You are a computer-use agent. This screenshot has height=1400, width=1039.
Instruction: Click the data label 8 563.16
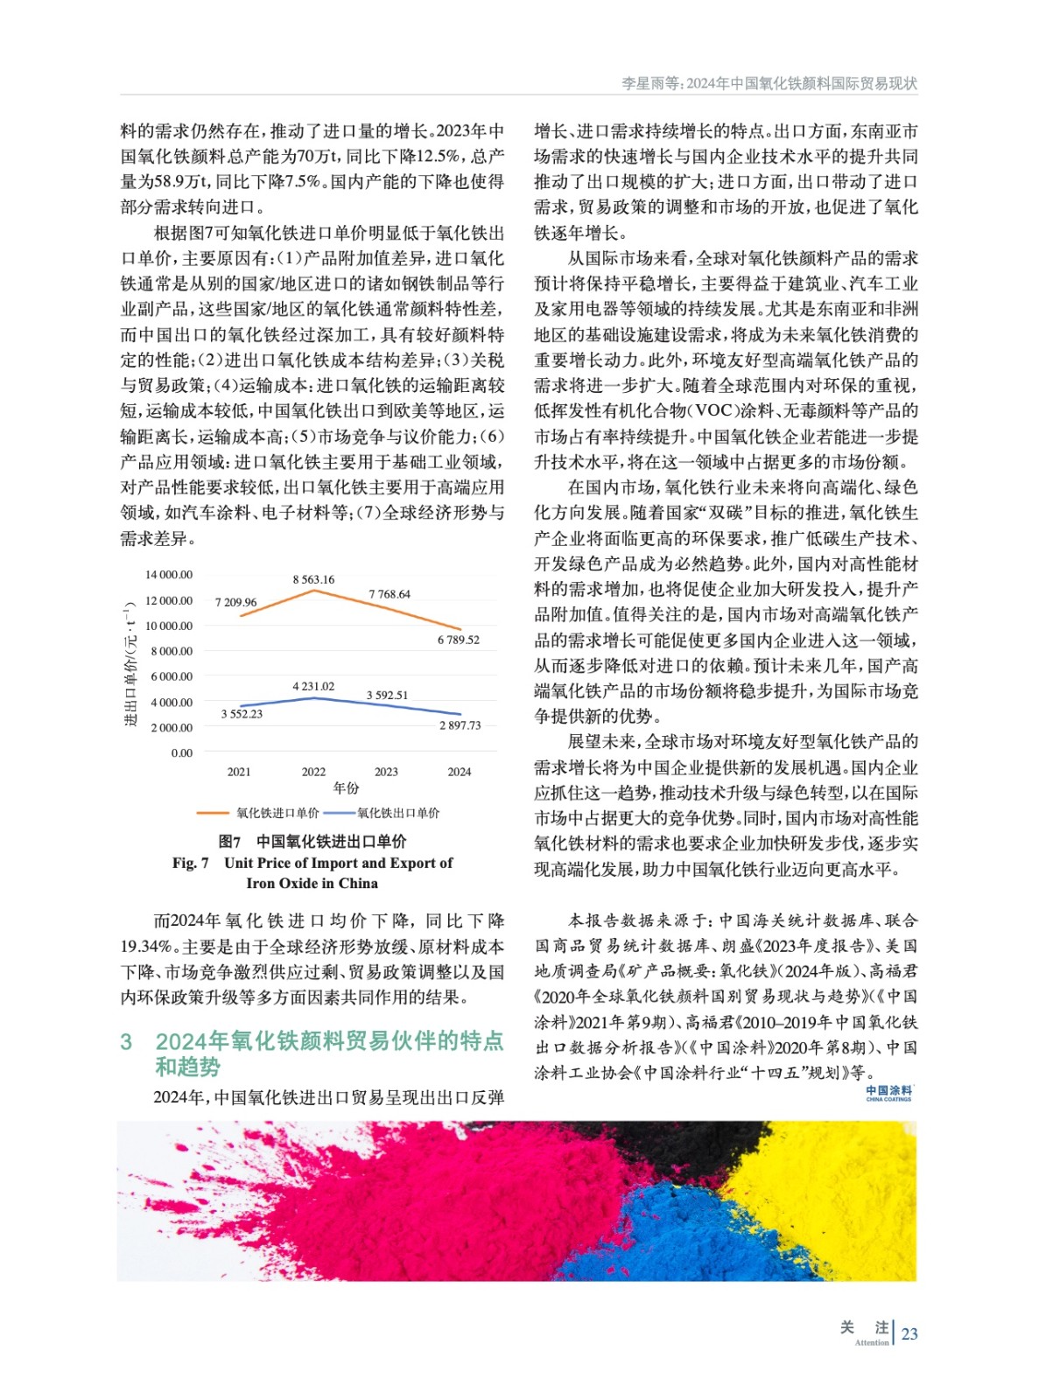(x=313, y=579)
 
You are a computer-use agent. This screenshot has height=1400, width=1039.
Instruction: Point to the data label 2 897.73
(x=460, y=725)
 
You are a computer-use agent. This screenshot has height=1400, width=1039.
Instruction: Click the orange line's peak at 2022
(x=313, y=591)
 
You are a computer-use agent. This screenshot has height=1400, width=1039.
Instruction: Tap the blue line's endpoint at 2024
(x=460, y=715)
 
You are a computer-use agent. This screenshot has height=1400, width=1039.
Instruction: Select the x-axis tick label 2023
(x=386, y=772)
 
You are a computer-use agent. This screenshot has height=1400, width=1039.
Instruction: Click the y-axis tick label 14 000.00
(x=169, y=575)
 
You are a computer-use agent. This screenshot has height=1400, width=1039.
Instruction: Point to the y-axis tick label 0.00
(x=181, y=752)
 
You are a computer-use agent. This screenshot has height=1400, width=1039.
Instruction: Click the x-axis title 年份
(x=346, y=787)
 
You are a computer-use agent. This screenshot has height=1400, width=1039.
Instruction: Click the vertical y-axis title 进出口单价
(x=130, y=665)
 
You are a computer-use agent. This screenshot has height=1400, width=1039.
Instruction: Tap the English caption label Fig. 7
(x=190, y=863)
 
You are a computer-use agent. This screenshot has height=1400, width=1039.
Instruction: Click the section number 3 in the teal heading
(x=126, y=1041)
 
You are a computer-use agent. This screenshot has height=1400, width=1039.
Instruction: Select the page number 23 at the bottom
(x=909, y=1333)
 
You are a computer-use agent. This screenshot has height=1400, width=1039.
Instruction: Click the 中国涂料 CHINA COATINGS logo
(x=888, y=1093)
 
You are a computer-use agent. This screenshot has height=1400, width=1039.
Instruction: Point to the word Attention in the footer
(x=871, y=1342)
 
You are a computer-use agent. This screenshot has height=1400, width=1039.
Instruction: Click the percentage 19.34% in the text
(x=145, y=946)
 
